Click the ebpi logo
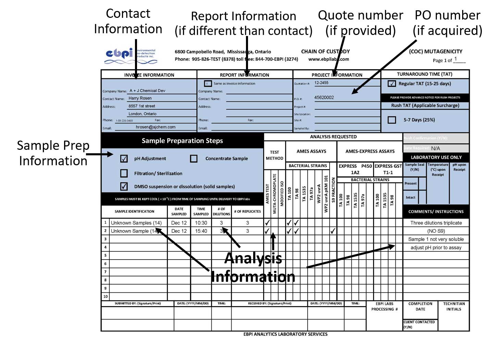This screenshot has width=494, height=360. tap(130, 56)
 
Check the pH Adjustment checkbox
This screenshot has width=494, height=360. tap(124, 158)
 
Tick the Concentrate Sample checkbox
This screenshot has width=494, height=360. tap(194, 158)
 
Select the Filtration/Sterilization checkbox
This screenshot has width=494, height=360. tap(124, 173)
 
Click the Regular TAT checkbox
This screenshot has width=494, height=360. tap(392, 83)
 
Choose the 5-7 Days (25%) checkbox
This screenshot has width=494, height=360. tap(392, 120)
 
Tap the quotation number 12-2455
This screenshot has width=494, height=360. tap(321, 83)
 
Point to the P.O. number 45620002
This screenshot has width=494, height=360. tap(324, 97)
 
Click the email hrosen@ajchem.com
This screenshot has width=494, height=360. tap(156, 127)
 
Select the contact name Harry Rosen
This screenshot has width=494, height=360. tap(140, 98)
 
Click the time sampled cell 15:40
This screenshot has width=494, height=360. tap(201, 231)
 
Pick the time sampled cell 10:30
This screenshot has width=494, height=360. tap(201, 223)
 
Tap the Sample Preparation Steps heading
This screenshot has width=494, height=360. tap(182, 141)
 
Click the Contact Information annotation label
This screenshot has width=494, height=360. tap(128, 21)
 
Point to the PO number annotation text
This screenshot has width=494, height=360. tap(447, 23)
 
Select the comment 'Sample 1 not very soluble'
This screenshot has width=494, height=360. tap(436, 239)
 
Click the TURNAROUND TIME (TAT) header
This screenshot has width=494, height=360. tap(424, 74)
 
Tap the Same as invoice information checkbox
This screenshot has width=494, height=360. tap(208, 83)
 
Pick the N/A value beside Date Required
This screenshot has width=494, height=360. tap(435, 148)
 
